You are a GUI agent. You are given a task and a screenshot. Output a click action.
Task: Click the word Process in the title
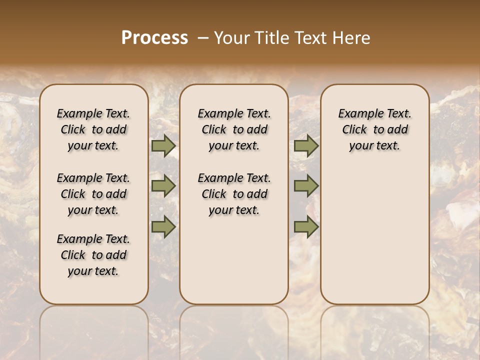[154, 38]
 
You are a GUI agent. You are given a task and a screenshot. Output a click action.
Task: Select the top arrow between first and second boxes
[163, 146]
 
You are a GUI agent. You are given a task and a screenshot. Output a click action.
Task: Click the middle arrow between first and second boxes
[163, 186]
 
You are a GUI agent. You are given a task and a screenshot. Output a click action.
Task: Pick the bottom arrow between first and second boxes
[163, 227]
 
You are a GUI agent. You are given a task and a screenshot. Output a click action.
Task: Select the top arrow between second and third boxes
[306, 146]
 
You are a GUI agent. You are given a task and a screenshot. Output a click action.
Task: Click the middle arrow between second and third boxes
[306, 186]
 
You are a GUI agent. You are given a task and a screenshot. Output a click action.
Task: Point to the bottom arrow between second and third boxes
[306, 227]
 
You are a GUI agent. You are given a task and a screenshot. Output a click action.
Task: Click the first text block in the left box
[93, 129]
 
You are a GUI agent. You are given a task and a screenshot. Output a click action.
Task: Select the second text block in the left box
[93, 194]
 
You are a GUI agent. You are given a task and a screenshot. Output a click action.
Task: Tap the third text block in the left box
[93, 255]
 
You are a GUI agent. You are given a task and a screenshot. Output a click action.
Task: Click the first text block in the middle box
[234, 129]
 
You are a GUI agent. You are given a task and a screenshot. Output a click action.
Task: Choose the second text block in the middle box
[234, 194]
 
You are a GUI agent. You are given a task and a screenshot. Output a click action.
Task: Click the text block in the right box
[375, 129]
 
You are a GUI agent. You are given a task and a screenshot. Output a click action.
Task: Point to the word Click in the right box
[354, 130]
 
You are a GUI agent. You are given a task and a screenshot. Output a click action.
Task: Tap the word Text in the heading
[307, 38]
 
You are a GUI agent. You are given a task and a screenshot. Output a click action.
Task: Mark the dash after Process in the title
[203, 38]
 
